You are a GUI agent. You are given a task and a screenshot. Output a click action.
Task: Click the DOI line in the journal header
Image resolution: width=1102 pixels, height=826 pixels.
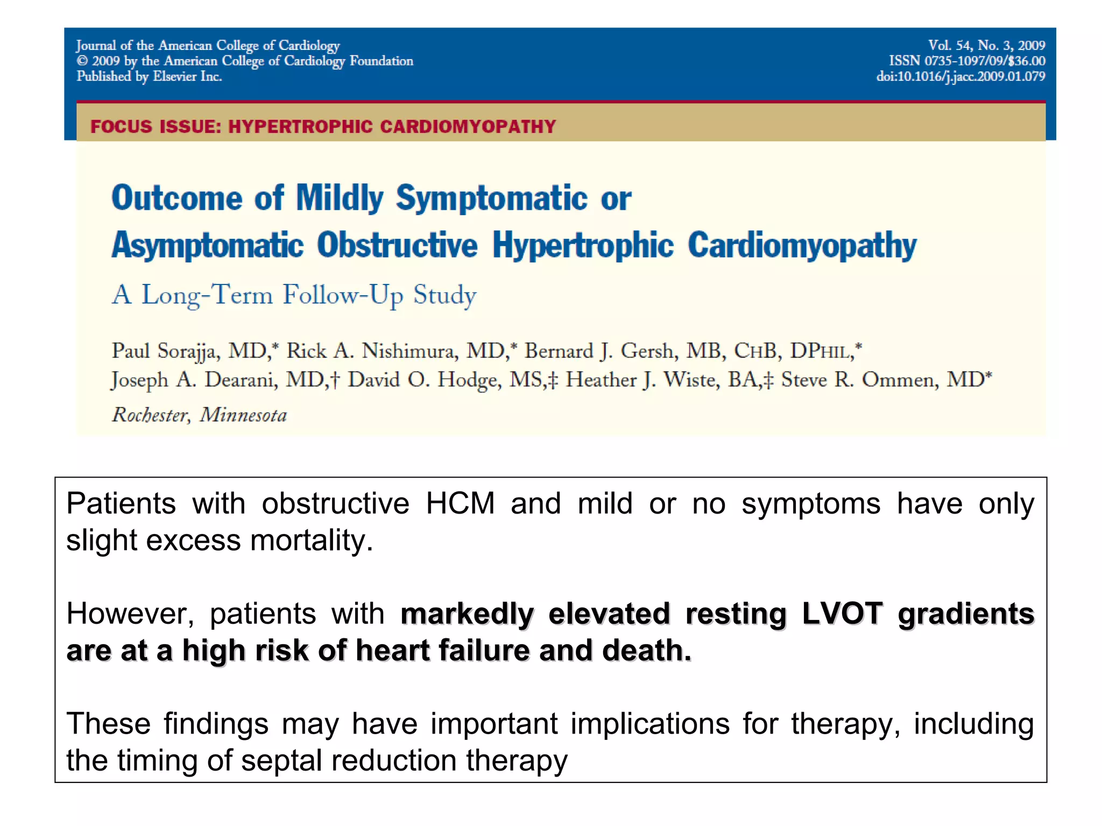[960, 76]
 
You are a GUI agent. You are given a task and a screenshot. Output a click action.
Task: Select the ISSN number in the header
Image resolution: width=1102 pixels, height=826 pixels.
[966, 61]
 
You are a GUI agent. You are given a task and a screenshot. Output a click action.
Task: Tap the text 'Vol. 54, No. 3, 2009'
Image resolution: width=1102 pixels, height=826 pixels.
[986, 45]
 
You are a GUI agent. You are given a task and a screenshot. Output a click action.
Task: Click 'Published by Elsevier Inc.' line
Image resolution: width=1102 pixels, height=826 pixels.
[149, 76]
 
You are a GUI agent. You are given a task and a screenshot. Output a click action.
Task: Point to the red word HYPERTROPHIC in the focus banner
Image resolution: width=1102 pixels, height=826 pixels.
[300, 126]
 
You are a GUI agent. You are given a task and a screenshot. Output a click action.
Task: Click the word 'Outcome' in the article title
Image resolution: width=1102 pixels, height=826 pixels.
[177, 198]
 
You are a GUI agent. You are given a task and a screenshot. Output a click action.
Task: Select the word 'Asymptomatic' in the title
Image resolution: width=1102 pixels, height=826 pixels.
[208, 245]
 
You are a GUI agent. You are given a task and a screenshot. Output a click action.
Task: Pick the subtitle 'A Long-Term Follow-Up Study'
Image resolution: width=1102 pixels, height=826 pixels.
[294, 295]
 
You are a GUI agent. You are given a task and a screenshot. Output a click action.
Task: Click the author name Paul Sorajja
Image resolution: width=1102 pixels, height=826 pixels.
[164, 351]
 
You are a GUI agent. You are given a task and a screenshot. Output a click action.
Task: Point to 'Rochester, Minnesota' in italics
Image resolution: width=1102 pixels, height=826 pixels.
[199, 415]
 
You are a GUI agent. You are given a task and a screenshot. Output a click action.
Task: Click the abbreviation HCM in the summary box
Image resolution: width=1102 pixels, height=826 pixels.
[460, 504]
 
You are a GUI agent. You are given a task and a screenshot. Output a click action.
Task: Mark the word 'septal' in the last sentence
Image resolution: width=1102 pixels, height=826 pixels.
[282, 760]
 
